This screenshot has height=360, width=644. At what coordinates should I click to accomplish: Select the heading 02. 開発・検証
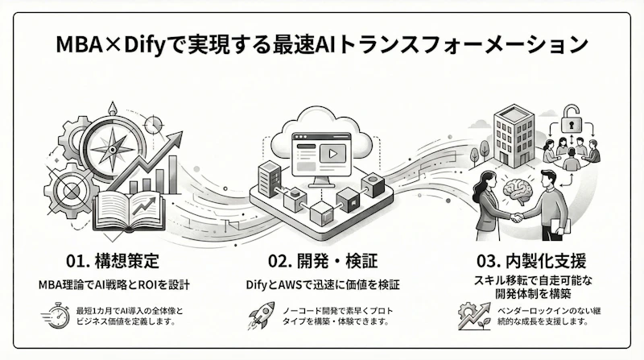click(x=321, y=262)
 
